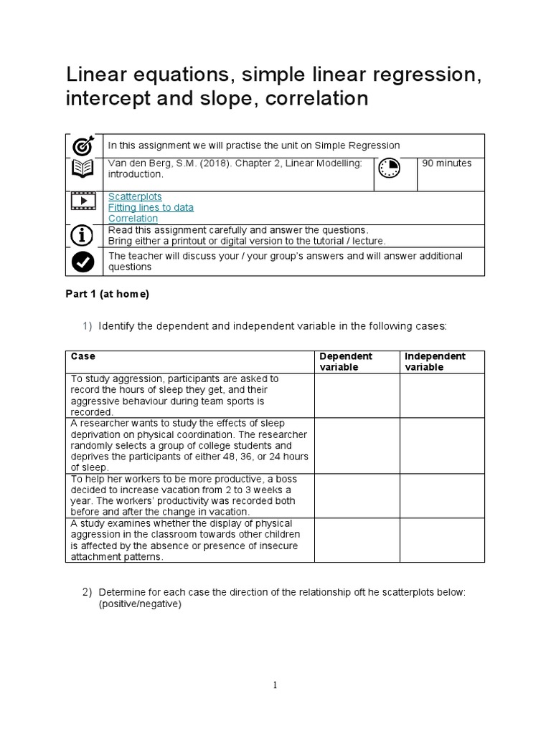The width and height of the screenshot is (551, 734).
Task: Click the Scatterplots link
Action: coord(135,196)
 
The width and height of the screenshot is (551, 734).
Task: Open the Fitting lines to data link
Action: coord(151,207)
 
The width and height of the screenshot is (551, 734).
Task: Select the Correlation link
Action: coord(133,218)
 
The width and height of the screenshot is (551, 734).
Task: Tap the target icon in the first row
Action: coord(83,146)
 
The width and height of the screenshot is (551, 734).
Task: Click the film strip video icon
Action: coord(83,201)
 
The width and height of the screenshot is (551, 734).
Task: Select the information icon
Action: coord(83,235)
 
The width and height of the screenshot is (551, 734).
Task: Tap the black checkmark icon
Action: coord(83,262)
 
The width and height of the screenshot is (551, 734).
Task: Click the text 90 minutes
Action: coord(447,163)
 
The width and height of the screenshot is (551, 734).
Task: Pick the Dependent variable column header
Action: coord(346,361)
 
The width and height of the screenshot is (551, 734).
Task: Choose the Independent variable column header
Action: coord(435,361)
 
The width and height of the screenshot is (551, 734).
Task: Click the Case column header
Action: coord(83,356)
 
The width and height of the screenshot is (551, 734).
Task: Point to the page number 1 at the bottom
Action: coord(275,685)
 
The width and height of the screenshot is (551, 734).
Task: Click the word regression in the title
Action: coord(429,75)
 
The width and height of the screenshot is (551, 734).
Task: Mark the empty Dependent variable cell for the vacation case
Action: coord(357,495)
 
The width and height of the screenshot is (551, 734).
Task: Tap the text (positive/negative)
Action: coord(140,604)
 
